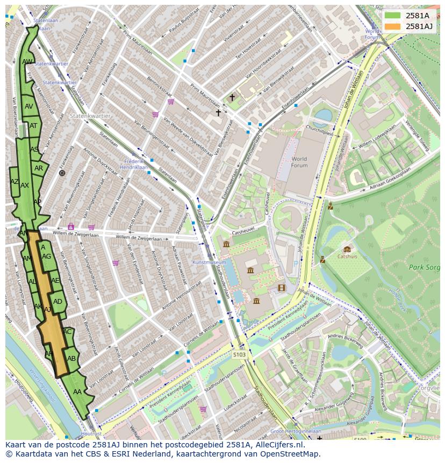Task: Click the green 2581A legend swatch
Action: pos(392,16)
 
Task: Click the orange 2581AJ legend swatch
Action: pos(392,26)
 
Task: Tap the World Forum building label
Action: pos(299,162)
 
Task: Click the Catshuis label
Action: pos(347,257)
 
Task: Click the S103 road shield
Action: pos(240,354)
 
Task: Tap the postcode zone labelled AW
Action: pos(27,62)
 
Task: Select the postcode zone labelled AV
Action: pos(29,106)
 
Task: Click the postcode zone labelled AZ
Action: pos(15,182)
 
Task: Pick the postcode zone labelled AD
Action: pos(58,302)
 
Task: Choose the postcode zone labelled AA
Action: pos(77,392)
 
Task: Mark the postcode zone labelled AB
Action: pos(71,359)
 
